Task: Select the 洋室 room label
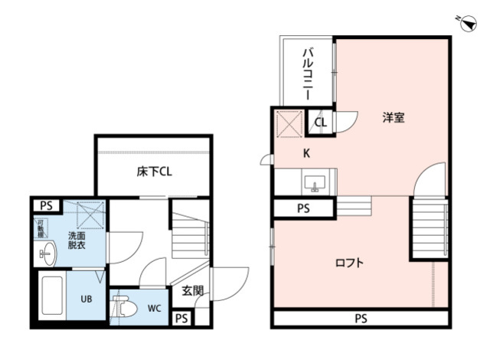394,118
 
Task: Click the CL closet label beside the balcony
320,122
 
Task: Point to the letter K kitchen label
306,153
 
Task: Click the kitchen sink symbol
315,184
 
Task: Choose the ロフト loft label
349,263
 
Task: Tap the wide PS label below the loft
360,319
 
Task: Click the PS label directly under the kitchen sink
303,208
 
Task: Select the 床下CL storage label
154,172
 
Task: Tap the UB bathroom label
87,299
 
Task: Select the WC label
154,309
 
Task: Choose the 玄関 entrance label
192,290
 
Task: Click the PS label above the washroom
47,205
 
